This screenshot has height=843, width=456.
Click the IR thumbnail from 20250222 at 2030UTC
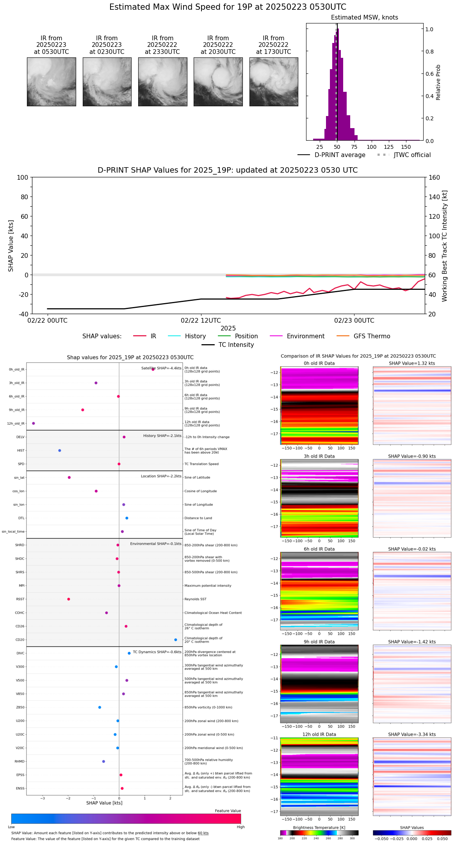click(218, 82)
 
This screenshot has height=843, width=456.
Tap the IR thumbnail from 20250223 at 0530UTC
click(52, 82)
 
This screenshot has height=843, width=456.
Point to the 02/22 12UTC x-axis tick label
click(201, 321)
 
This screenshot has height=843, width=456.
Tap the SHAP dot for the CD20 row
click(176, 640)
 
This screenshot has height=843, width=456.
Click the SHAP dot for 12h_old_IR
click(34, 423)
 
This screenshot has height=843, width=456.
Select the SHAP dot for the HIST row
click(60, 450)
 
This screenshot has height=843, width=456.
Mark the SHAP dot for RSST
click(69, 599)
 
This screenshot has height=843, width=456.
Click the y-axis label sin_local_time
click(13, 532)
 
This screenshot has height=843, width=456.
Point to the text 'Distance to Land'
click(198, 518)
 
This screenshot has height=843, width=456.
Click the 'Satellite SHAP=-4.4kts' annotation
click(161, 368)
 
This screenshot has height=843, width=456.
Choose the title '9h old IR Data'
click(319, 642)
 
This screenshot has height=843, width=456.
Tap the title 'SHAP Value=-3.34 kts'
click(412, 734)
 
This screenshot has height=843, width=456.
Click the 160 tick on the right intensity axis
click(434, 178)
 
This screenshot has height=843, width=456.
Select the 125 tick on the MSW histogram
click(388, 147)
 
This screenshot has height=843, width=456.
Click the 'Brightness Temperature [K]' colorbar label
click(319, 828)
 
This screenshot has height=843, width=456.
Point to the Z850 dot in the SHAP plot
click(100, 707)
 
